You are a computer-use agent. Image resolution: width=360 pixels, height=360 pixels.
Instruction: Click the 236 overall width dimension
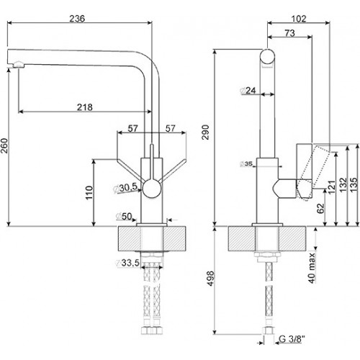point(77,19)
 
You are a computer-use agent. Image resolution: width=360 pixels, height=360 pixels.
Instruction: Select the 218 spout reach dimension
point(84,107)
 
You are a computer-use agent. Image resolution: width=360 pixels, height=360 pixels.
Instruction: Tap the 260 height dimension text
point(4,145)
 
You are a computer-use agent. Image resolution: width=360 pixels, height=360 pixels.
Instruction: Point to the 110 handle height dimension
point(89,192)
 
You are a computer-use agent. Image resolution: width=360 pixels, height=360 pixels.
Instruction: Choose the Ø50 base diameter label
point(124,217)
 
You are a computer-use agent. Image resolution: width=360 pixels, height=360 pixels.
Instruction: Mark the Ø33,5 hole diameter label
point(127,263)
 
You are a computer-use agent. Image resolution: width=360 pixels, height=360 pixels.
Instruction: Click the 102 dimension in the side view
point(299,19)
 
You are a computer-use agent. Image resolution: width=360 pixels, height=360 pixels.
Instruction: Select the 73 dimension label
point(289,33)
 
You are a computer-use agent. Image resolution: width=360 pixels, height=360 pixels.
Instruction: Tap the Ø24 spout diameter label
point(248,91)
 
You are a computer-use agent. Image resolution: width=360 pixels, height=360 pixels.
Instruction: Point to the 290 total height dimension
point(206,132)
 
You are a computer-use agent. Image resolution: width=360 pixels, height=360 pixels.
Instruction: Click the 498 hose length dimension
point(210,279)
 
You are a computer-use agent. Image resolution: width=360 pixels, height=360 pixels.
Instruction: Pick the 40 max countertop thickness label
point(312,268)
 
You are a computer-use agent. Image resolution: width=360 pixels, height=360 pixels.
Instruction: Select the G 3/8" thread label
point(292,339)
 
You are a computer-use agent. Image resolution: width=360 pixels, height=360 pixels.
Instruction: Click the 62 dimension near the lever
point(320,208)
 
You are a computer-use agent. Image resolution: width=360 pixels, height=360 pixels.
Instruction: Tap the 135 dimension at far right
point(354,185)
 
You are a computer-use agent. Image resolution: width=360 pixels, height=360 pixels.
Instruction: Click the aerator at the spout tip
point(18,64)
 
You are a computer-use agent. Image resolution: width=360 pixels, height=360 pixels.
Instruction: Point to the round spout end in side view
point(267,56)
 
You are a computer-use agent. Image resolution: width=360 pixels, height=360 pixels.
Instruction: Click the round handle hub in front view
point(152,189)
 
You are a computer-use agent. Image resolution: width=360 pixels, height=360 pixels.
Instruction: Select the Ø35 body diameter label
point(246,164)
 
